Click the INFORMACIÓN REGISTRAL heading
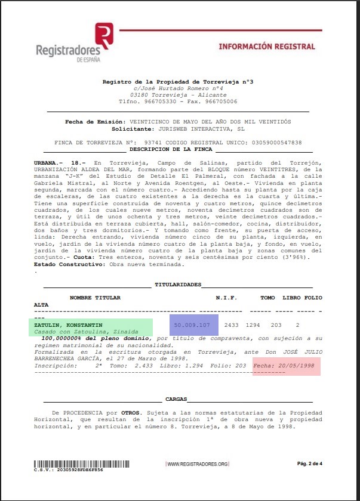pyautogui.click(x=267, y=46)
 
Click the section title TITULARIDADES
pyautogui.click(x=177, y=285)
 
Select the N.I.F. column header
pyautogui.click(x=226, y=298)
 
